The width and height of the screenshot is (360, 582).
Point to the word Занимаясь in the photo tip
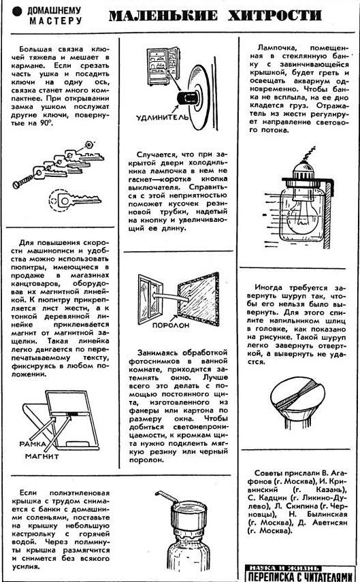160,352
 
